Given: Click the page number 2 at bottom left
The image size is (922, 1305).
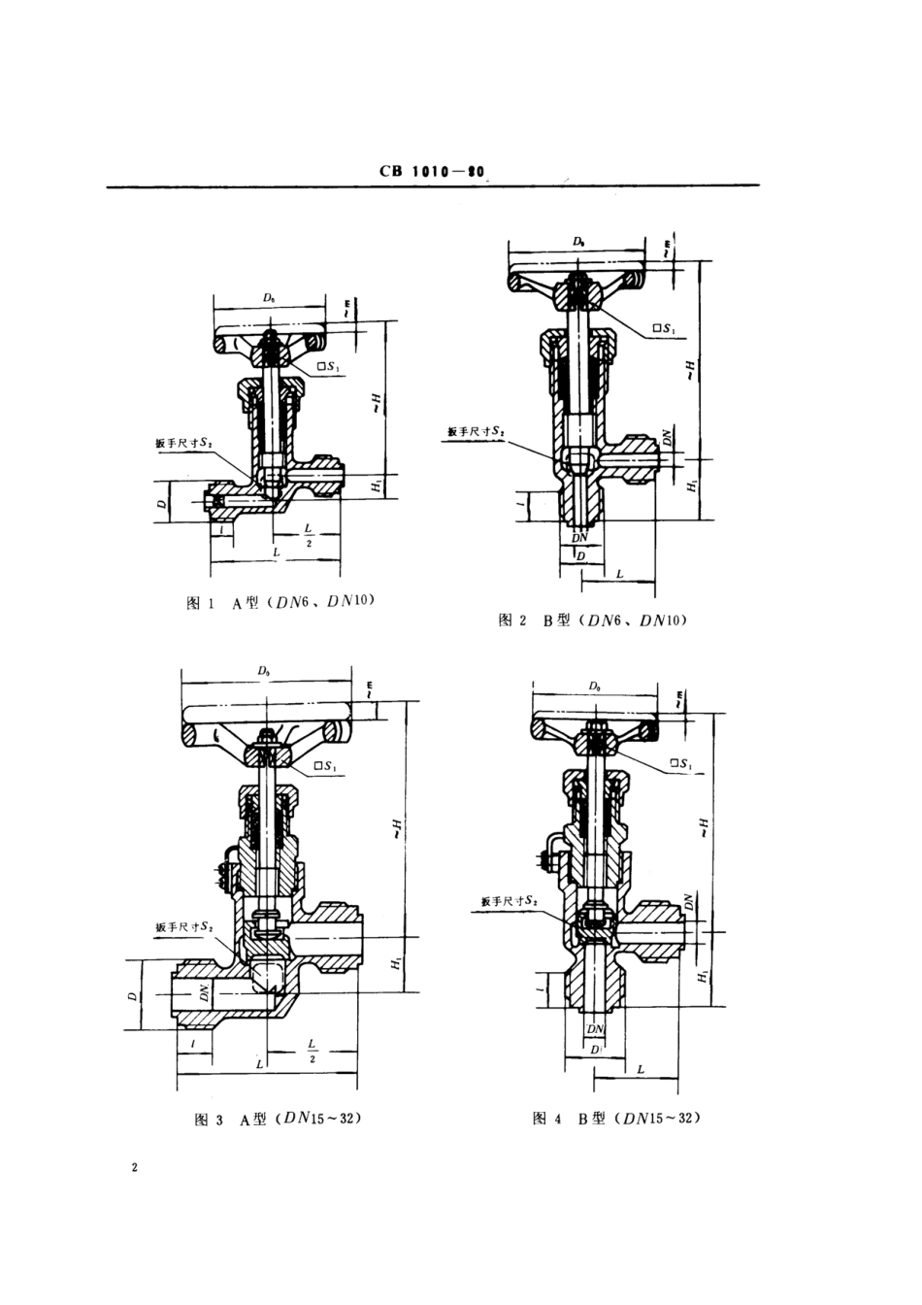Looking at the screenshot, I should [x=135, y=1167].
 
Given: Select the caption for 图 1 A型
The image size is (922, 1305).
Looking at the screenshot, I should [x=280, y=602].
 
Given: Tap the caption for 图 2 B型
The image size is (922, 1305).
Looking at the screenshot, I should [x=592, y=619].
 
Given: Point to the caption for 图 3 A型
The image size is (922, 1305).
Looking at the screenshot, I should [x=278, y=1120].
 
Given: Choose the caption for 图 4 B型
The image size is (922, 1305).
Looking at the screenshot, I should [x=616, y=1119].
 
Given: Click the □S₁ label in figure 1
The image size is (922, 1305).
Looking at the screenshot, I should [x=330, y=368].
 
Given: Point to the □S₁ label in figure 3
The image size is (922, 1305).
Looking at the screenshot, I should [x=326, y=768].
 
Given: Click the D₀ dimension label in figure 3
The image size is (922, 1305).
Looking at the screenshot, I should [x=264, y=671].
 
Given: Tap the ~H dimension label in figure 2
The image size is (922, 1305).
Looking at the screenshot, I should [x=690, y=369].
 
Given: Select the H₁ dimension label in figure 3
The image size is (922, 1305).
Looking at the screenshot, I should [x=396, y=963].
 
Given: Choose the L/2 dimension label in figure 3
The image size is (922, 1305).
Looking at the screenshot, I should [x=312, y=1050].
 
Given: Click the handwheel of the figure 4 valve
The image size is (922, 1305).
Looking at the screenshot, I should [x=595, y=724].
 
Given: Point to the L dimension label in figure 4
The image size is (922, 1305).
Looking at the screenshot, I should [x=642, y=1068].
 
